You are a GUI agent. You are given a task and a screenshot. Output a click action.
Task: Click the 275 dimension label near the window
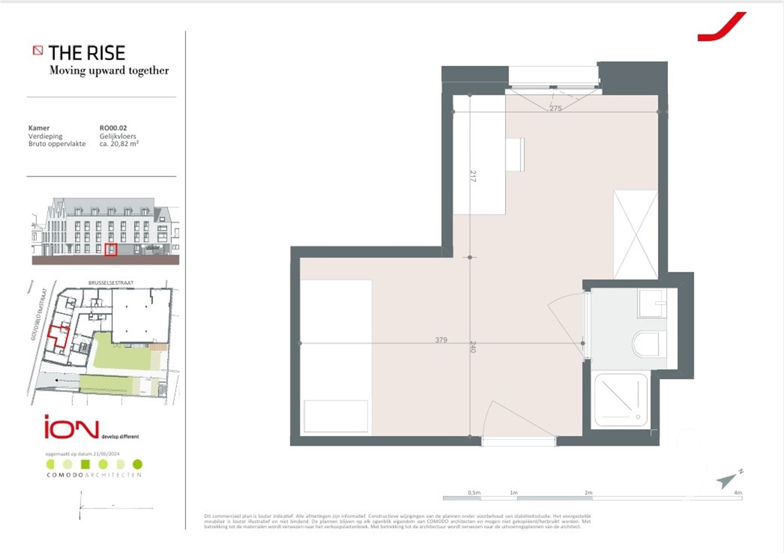click(x=555, y=108)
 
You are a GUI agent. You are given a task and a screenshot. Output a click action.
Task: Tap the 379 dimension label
click(x=441, y=340)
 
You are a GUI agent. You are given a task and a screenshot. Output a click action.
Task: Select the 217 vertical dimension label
click(x=473, y=176)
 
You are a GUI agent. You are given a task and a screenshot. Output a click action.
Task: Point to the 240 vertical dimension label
click(x=473, y=346)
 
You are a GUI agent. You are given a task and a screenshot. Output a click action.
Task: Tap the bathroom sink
click(x=652, y=303)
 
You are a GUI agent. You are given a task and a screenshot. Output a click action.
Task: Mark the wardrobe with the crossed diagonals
click(x=636, y=235)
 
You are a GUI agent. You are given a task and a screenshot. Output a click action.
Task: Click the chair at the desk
click(x=515, y=155)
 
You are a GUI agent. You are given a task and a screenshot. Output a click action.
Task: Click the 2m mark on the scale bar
click(x=588, y=493)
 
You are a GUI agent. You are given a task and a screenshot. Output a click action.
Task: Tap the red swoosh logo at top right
click(x=722, y=27)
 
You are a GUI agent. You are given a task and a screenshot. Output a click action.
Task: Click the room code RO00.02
click(x=113, y=128)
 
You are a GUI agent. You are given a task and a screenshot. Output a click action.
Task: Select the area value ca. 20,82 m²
click(x=119, y=144)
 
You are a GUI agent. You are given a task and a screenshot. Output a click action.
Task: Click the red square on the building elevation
click(x=111, y=249)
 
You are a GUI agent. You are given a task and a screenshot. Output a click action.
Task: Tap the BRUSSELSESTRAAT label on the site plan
click(x=111, y=283)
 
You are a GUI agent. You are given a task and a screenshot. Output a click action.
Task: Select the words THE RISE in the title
click(x=87, y=53)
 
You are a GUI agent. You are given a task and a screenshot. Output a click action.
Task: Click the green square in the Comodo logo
click(x=85, y=464)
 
